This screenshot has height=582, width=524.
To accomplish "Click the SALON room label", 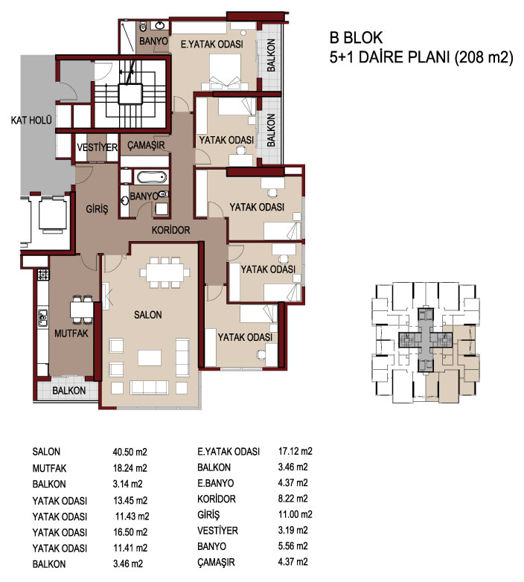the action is point(147,315).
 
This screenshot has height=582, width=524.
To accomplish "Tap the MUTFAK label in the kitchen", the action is point(71,333).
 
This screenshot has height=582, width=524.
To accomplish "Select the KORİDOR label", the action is point(170,230).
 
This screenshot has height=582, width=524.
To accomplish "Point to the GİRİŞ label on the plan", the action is point(98,209).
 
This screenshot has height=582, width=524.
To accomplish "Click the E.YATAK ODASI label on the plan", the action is point(212,44).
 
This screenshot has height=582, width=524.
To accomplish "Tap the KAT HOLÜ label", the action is point(31,120).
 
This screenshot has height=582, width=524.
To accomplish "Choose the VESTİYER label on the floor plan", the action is point(98,147).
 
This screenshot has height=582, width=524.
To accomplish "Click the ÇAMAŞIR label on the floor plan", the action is point(146,145).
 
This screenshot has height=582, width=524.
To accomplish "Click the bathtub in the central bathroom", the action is point(151,177).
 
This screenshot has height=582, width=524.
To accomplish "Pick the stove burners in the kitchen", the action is point(43,275).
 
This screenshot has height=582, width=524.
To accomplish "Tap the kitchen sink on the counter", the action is point(43,318).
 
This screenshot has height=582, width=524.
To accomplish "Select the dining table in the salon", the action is point(164,273).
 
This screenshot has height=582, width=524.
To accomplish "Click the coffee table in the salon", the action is point(150,358).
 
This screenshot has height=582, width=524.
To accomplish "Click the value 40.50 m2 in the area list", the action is point(130,452).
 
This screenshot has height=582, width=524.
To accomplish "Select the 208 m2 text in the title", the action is point(484,57).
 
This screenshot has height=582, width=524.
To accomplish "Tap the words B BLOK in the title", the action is point(356,38).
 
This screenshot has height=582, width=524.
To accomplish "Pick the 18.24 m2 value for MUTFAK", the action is point(130,467).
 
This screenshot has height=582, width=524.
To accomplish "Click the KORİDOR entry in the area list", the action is point(217,499).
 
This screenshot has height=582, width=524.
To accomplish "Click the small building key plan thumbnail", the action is point(426,342).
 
